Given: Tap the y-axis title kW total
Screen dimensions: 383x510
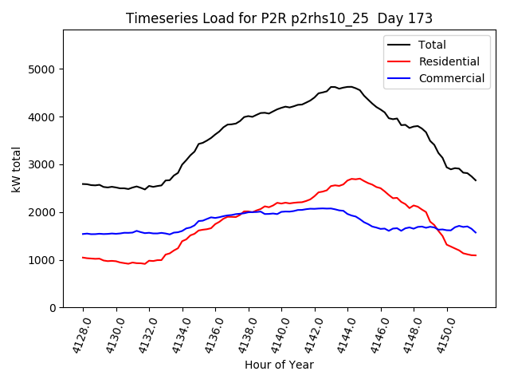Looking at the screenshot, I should (x=17, y=168).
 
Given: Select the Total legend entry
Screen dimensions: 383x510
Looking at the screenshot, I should (x=432, y=45).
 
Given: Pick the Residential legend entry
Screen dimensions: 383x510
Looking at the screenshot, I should (x=449, y=61).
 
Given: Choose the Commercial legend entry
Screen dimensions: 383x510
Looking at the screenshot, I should (x=451, y=78).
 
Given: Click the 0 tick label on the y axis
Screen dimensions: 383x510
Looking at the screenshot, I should (x=53, y=308).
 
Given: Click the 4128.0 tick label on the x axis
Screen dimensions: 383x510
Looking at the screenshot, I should (x=77, y=335).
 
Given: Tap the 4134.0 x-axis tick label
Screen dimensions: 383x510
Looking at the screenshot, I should (x=177, y=335).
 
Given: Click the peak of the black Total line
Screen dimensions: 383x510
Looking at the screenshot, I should (x=349, y=86).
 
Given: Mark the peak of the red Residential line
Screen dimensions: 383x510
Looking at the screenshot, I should (x=359, y=179).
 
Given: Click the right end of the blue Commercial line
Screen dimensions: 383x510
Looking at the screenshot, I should (x=476, y=233).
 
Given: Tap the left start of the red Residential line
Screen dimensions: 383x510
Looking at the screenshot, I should (x=83, y=257).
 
